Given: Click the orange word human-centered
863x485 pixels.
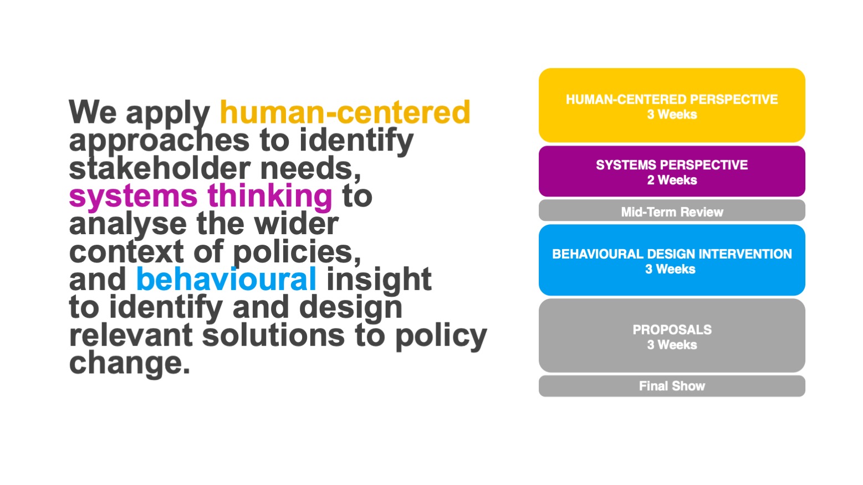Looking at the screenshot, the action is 345,112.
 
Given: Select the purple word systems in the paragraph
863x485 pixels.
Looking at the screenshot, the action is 134,197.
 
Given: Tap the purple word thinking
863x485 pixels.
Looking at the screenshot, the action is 270,197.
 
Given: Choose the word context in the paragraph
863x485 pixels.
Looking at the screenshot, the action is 126,252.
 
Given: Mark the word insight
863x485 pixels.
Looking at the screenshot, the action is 379,280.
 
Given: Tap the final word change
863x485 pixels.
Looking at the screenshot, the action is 130,364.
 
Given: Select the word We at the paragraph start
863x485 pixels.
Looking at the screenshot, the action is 93,112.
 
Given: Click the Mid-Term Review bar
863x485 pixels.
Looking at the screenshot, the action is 672,210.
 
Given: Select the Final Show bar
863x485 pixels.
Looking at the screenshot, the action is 672,386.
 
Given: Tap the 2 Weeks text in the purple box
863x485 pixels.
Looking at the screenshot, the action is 672,180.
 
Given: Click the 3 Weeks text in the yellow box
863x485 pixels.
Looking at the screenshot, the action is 672,114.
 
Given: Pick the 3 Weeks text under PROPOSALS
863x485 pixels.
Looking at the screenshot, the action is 672,344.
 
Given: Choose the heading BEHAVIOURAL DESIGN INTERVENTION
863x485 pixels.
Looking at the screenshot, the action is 672,254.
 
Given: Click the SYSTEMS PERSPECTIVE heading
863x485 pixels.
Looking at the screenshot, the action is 672,165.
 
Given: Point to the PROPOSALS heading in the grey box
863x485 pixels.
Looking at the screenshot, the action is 672,329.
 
